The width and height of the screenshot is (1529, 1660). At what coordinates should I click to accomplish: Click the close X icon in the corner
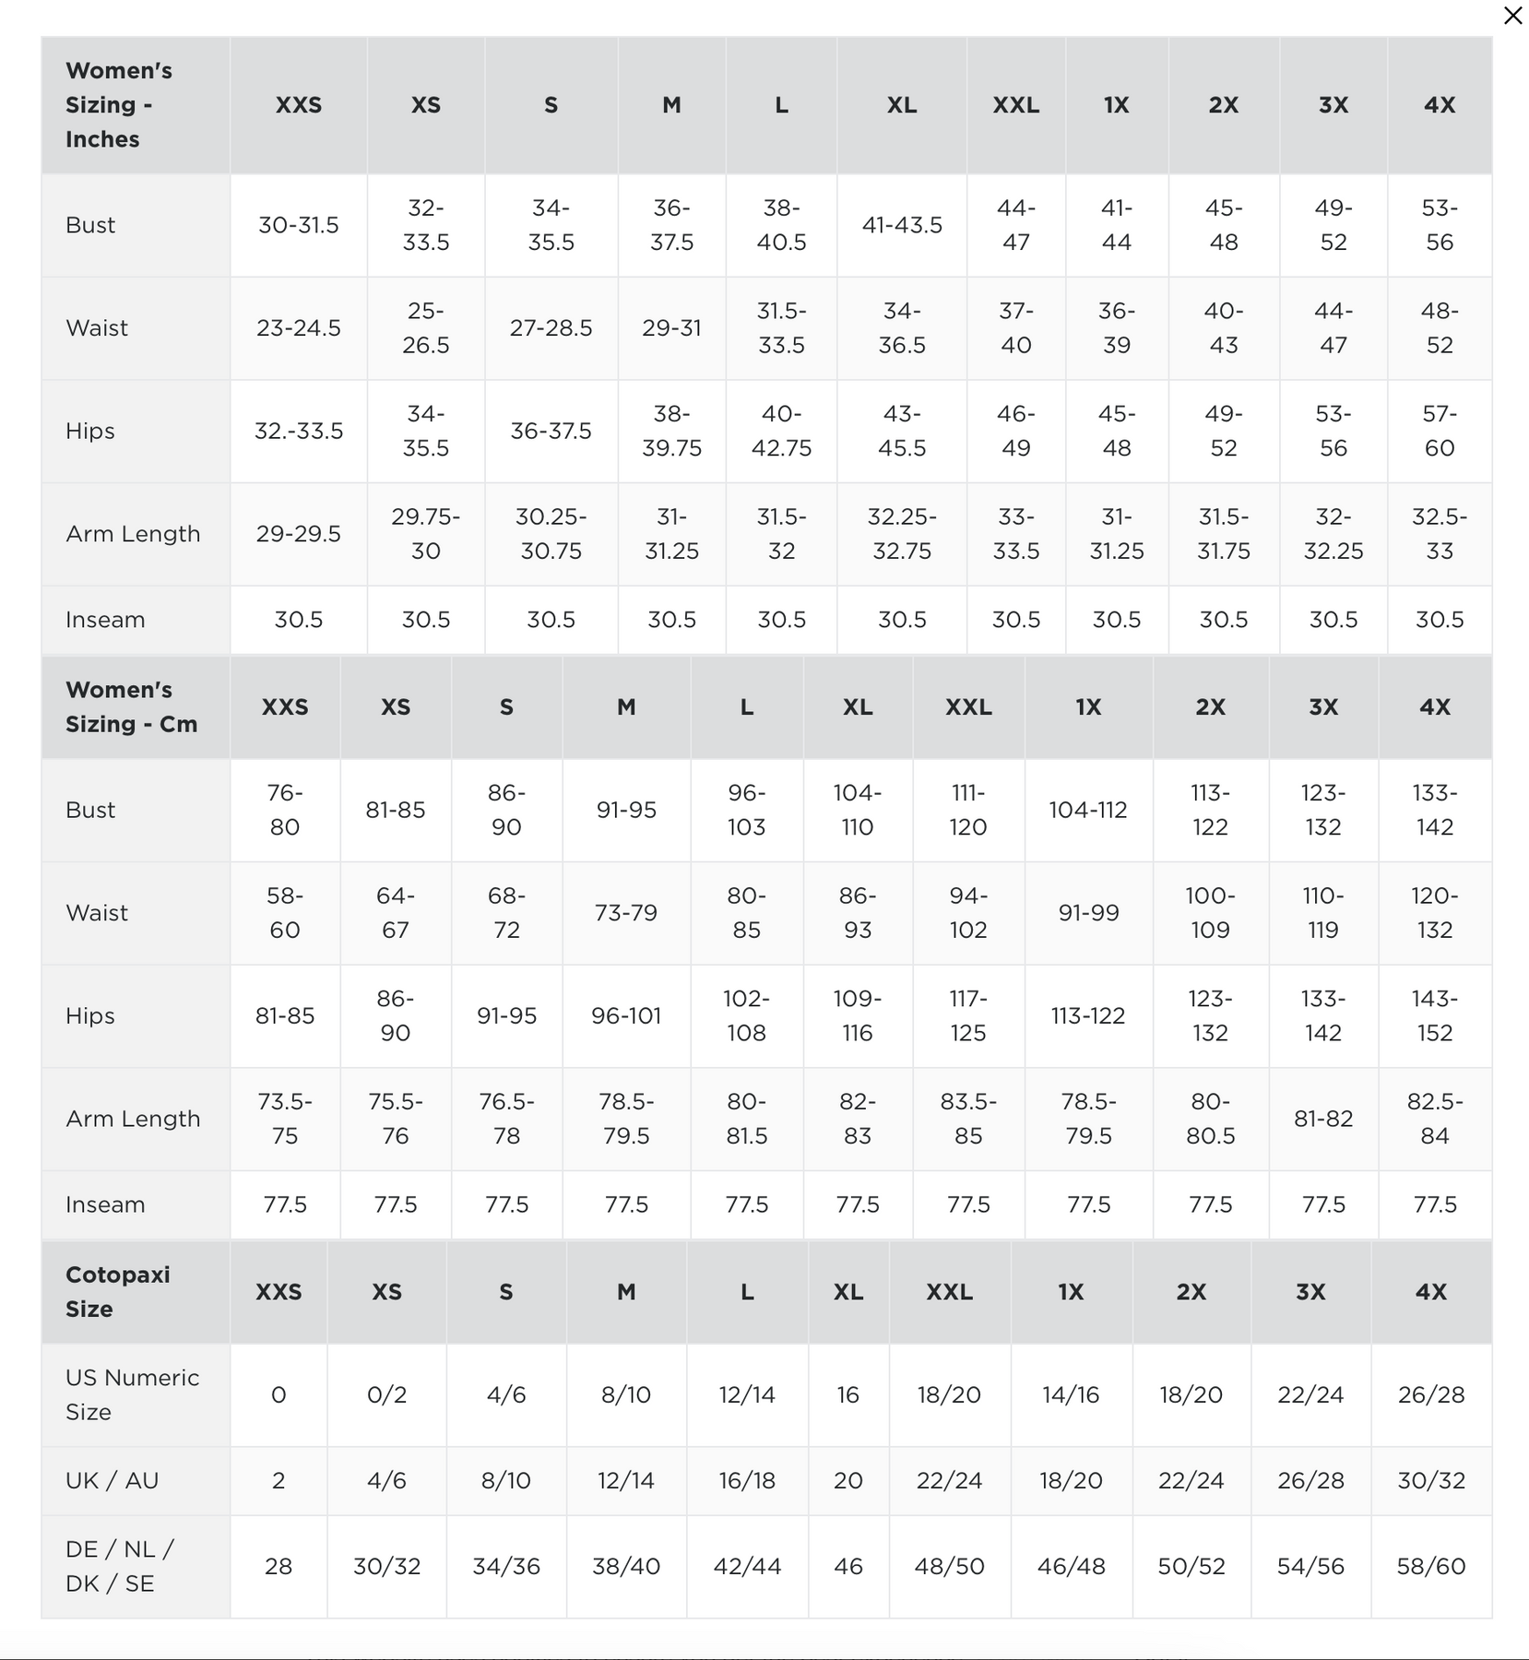point(1512,16)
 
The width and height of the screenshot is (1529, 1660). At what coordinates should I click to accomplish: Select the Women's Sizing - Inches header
point(119,105)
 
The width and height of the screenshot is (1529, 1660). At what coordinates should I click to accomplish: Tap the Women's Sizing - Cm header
point(131,706)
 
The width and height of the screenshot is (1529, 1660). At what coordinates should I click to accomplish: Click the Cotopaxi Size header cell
point(118,1291)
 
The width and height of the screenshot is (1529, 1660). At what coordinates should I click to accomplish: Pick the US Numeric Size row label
point(132,1394)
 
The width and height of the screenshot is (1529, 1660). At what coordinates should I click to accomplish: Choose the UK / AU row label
point(113,1480)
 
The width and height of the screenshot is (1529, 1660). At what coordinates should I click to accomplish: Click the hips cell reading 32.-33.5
point(299,431)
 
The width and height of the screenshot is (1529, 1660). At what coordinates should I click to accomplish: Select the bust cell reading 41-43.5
point(902,225)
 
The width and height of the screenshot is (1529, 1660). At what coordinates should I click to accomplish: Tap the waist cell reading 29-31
point(671,328)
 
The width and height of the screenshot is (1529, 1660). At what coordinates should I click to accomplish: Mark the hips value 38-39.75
point(671,431)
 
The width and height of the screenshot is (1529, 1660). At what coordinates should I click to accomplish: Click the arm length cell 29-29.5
point(299,534)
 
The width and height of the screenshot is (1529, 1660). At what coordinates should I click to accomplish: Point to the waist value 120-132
point(1435,913)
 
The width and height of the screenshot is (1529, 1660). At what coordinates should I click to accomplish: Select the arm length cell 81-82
point(1323,1119)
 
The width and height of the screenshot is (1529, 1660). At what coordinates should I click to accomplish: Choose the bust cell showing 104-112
point(1088,810)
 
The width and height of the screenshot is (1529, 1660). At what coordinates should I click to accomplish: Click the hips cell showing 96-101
point(626,1015)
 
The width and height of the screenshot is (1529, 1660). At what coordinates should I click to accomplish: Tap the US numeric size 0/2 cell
point(386,1394)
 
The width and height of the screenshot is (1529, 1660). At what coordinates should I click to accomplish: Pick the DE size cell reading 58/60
point(1431,1566)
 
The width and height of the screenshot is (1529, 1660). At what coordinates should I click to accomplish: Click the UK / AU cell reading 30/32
point(1431,1480)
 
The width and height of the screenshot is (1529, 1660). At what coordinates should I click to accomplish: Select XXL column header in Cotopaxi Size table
point(949,1291)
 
